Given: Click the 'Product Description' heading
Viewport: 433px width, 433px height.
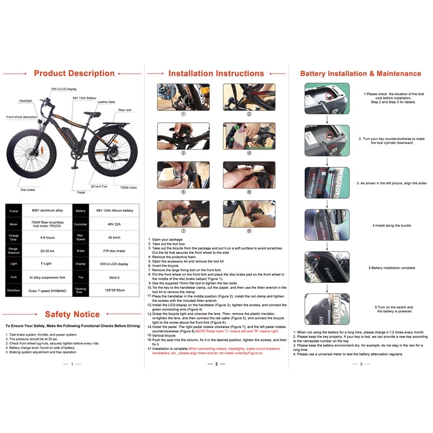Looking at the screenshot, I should [x=74, y=73].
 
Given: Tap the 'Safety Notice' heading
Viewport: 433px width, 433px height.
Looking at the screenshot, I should [x=73, y=314].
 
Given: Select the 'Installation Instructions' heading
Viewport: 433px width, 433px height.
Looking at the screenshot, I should [x=216, y=73].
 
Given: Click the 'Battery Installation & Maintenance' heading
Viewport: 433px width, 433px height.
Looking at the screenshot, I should [x=362, y=73].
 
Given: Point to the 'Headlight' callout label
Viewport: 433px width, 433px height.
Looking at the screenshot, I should [x=26, y=101].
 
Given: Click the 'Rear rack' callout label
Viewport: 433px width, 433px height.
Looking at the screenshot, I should [x=125, y=110].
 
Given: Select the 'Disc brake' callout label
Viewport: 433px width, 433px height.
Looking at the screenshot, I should [x=28, y=190].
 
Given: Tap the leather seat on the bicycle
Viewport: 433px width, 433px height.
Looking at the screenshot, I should [x=93, y=114].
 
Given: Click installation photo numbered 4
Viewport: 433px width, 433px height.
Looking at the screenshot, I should [x=249, y=135].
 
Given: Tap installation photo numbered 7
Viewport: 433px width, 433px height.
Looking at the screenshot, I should [x=183, y=213].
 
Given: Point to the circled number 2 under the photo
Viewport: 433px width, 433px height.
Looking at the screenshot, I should [x=249, y=114].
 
